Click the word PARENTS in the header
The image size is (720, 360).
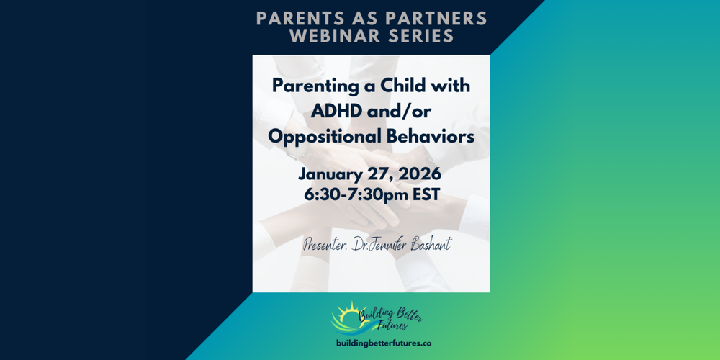pyautogui.click(x=287, y=17)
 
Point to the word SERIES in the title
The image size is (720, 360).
pyautogui.click(x=420, y=35)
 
